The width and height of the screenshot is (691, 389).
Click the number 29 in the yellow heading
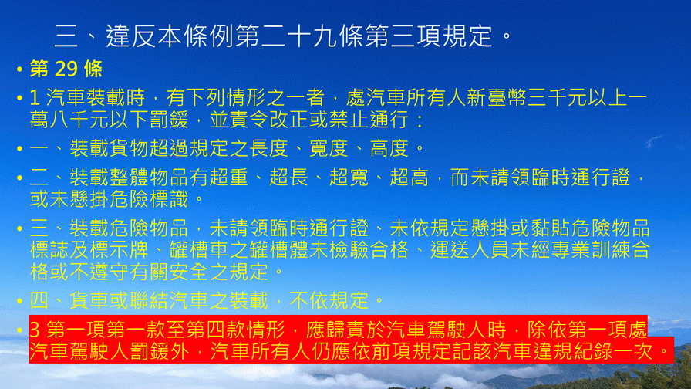[66, 69]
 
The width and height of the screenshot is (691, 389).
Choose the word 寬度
[329, 148]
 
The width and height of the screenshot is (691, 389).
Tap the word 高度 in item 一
[389, 148]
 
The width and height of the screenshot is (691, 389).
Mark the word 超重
[229, 178]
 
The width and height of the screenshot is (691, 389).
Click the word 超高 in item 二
[409, 178]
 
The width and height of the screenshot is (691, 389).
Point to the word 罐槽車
[199, 250]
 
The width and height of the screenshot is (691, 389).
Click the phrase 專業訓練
[590, 250]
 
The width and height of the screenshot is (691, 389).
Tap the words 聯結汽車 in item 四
[169, 300]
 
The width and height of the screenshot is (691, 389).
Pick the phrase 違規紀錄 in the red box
[573, 351]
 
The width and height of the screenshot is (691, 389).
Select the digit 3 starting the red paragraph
[35, 330]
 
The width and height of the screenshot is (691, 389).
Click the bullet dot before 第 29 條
[19, 69]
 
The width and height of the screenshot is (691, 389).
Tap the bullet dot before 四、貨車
[19, 301]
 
